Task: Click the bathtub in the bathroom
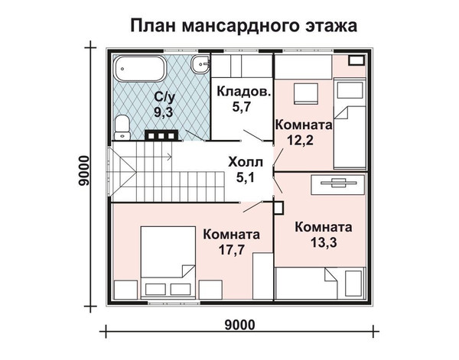(x=140, y=69)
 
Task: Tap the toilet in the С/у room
(x=122, y=127)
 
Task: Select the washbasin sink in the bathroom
(x=200, y=64)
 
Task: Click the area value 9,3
(x=164, y=112)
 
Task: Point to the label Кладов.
(x=244, y=91)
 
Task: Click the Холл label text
(x=246, y=162)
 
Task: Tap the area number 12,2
(x=300, y=141)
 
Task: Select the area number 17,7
(x=232, y=250)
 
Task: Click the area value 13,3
(x=324, y=242)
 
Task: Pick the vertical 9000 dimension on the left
(x=83, y=170)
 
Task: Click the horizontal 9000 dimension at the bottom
(x=239, y=325)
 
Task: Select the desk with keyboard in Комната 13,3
(x=338, y=183)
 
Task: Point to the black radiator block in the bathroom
(x=161, y=135)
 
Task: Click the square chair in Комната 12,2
(x=305, y=93)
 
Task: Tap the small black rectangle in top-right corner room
(x=356, y=60)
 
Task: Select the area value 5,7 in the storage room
(x=242, y=107)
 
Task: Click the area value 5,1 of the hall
(x=246, y=177)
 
